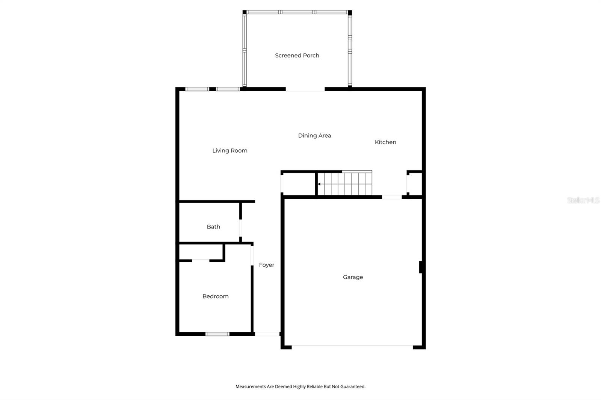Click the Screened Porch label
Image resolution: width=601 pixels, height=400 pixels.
click(x=297, y=56)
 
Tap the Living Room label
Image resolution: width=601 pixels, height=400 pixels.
click(x=230, y=150)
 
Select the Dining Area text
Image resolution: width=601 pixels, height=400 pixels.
click(x=314, y=135)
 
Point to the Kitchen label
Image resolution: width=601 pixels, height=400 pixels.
click(x=385, y=142)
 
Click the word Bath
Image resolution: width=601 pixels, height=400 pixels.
click(x=213, y=227)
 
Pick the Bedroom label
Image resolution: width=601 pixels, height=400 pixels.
click(x=215, y=296)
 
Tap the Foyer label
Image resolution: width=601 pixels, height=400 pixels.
click(x=266, y=265)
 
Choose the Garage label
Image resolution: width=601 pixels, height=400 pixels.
click(x=353, y=277)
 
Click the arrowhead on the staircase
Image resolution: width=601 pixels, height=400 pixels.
click(x=319, y=184)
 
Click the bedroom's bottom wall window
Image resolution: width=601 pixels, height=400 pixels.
click(x=217, y=334)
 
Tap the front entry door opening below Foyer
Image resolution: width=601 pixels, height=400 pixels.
click(x=267, y=334)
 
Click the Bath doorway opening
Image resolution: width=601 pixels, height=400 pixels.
click(x=240, y=227)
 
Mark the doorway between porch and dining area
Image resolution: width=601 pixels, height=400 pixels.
click(x=305, y=89)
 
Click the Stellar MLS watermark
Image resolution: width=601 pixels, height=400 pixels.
click(x=583, y=200)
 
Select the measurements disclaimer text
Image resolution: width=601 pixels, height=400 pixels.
click(x=300, y=386)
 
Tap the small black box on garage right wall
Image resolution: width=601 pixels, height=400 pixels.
click(x=421, y=267)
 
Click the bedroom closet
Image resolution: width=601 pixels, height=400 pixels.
click(x=201, y=252)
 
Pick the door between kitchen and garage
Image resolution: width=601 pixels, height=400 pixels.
click(x=391, y=197)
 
